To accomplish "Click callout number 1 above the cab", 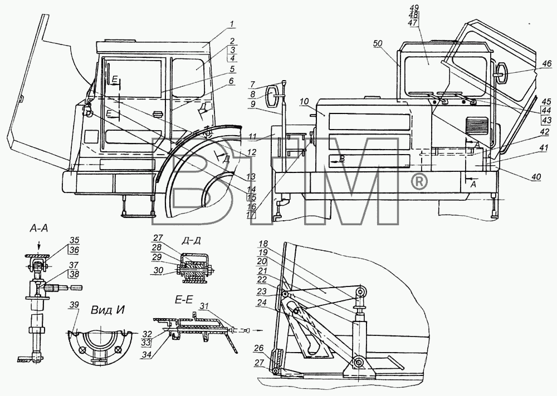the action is [231, 24].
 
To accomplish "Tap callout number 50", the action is [378, 43].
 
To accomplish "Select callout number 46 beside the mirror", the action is [547, 63].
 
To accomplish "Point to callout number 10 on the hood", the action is [305, 102].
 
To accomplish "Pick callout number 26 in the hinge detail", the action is [259, 348].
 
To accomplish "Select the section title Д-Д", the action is [191, 240].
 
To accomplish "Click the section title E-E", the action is [184, 300].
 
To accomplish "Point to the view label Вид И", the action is [108, 310].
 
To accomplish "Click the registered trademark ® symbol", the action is [419, 182].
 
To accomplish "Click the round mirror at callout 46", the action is [502, 73].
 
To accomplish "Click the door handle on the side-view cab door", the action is [157, 113].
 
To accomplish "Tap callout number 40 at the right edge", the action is [536, 177].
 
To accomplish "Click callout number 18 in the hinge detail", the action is [263, 244].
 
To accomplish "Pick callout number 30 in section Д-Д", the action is [158, 270].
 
